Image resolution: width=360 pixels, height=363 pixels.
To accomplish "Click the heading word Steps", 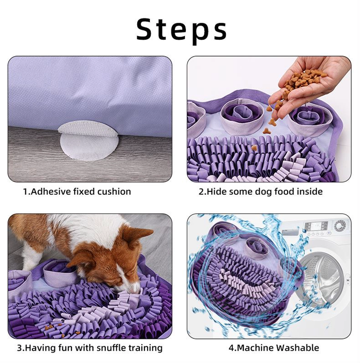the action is (181, 30).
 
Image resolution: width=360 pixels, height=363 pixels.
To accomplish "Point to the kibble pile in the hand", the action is (303, 80).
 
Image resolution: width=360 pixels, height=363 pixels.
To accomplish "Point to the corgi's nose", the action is (135, 291).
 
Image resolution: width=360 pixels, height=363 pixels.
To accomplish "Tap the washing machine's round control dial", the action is (339, 226).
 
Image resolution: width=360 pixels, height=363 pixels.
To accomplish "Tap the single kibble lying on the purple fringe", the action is (254, 147).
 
